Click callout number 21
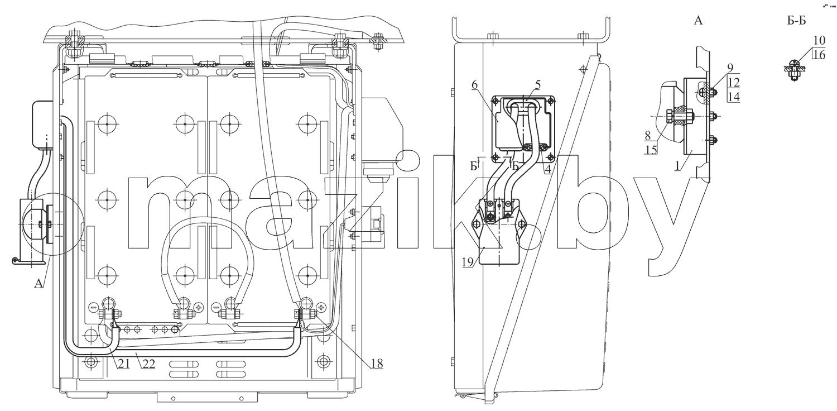pos(124,364)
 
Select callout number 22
pos(149,364)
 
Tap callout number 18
pos(377,364)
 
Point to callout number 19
pos(468,262)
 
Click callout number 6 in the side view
pos(474,85)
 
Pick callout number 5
pos(537,84)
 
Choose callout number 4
pos(548,169)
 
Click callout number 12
pos(734,82)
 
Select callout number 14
pos(734,97)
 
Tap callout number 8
pos(647,135)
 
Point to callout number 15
pos(651,150)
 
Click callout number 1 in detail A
pos(677,165)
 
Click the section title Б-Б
pos(797,21)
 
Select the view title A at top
pos(698,21)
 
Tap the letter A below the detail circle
pos(39,284)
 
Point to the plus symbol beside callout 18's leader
pos(321,307)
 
